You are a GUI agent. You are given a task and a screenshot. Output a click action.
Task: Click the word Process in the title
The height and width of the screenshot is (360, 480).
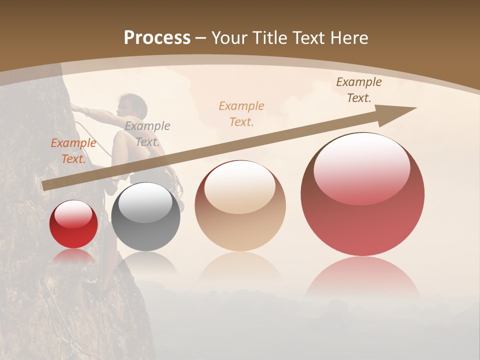(x=157, y=38)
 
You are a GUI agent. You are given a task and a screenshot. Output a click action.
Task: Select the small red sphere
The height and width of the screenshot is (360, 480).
(x=73, y=224)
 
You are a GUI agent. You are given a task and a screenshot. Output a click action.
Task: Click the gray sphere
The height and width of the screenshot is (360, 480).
(x=145, y=217)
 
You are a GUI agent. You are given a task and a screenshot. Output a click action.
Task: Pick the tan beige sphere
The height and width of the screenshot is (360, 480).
(x=240, y=206)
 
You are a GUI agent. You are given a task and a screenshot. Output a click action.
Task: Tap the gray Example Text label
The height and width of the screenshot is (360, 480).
(x=147, y=134)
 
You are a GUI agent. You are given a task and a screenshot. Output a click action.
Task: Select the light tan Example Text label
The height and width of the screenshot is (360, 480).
(x=241, y=113)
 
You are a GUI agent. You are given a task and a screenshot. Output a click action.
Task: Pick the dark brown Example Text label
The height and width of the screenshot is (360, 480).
(x=358, y=90)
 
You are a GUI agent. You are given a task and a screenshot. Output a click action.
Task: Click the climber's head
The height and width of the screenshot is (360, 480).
(x=128, y=105)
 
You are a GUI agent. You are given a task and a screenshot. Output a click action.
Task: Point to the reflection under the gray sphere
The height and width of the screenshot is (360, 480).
(x=145, y=262)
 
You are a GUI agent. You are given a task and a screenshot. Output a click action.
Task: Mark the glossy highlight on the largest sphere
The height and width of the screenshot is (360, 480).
(x=361, y=167)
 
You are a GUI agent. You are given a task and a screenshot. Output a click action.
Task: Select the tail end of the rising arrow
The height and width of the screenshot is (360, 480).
(x=45, y=185)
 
